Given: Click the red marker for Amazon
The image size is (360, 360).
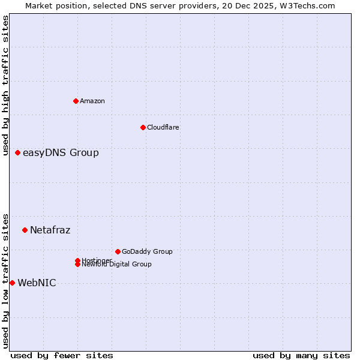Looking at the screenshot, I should coord(76,101).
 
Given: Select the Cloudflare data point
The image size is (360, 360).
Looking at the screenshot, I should coord(143,127).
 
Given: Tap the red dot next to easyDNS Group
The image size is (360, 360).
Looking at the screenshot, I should coord(18,152).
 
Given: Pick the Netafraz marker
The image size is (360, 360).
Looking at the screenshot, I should coord(25,230).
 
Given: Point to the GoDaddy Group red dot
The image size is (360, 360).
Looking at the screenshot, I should coord(118,251).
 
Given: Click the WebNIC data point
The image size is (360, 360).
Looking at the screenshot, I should coord(12,283).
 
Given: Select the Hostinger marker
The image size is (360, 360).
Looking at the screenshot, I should coord(77,260).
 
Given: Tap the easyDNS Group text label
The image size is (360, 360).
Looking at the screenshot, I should coord(61,153).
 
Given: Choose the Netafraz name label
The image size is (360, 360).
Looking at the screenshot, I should coord(50,230).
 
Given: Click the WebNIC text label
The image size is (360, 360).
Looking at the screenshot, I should coord(37,283).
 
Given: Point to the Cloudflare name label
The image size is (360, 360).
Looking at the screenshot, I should coord(163,127).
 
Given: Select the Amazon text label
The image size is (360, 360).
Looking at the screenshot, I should coord(92,101).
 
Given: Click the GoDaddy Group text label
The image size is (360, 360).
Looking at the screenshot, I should coord(147,252).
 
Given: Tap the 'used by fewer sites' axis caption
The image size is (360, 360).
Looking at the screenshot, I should coord(62,355).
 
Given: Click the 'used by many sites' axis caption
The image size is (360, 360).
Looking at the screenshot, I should coord(301,355).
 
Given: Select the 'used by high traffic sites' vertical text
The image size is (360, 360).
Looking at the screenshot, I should coord(5,85).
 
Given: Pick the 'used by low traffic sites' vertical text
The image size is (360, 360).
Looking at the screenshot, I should coord(5,280).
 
